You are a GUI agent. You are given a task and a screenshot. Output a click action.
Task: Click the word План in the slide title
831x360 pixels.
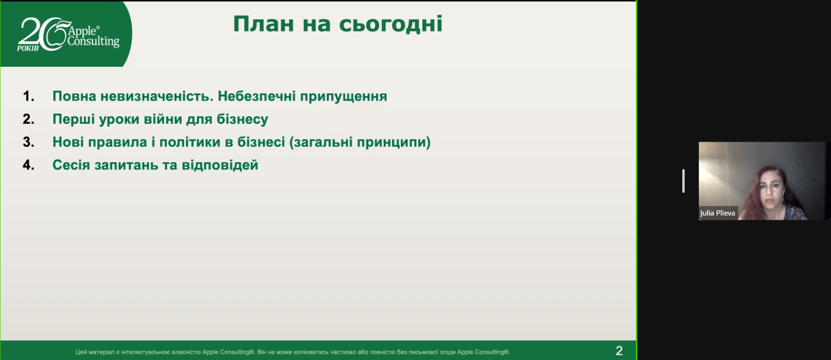point(263,24)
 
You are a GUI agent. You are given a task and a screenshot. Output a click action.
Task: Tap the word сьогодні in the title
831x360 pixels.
point(391,24)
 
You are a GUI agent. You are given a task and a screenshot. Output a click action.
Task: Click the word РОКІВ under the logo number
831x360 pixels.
point(28,48)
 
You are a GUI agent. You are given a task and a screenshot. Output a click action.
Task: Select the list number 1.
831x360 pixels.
point(28,96)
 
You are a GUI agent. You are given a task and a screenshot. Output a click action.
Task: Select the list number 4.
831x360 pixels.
point(28,165)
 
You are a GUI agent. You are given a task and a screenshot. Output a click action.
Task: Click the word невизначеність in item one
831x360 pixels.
point(156,96)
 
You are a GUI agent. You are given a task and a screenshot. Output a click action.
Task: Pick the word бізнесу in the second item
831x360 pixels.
point(242,119)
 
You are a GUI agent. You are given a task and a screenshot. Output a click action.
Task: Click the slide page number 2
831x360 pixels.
point(619,351)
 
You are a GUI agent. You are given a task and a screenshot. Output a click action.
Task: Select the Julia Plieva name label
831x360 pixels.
point(718,213)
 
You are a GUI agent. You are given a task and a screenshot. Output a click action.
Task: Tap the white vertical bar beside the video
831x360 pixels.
point(683,181)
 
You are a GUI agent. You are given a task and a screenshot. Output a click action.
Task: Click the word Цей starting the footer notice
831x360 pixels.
point(81,352)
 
